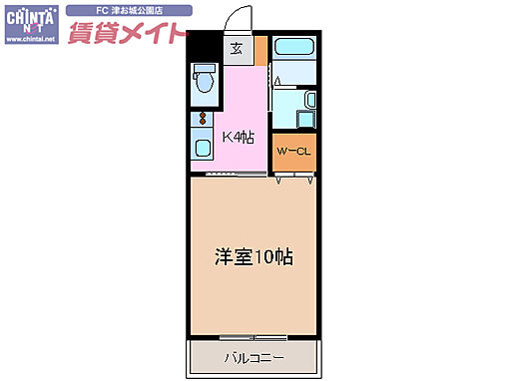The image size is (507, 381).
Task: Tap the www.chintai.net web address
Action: [30, 41]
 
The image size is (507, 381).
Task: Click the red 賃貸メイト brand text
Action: [127, 33]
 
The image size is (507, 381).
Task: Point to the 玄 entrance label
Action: [237, 48]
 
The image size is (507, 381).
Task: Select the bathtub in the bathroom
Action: [294, 48]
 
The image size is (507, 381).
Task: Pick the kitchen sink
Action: [203, 149]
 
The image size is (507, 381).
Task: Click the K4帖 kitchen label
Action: [239, 138]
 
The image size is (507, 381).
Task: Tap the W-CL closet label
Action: [294, 152]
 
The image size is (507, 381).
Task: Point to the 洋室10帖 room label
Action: [253, 255]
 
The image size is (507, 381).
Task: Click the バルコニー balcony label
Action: [253, 356]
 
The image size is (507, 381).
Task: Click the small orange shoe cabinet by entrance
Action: [260, 49]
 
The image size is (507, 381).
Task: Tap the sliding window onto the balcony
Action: [253, 337]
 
